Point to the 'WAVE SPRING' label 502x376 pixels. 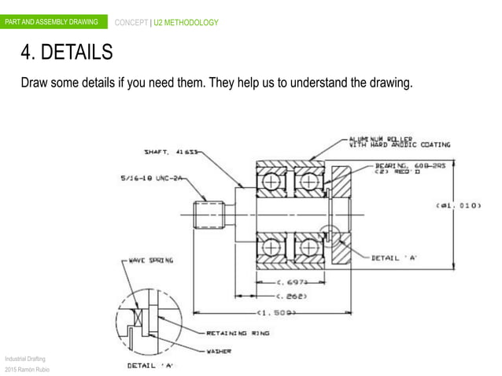[146, 259]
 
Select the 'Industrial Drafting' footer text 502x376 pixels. [25, 358]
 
